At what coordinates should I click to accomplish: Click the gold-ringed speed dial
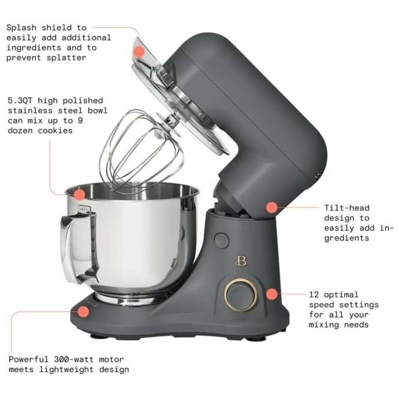(x=240, y=294)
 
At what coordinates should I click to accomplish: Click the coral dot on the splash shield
(x=139, y=51)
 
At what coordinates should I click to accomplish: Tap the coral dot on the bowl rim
(x=80, y=194)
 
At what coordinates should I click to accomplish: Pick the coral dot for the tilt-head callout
(x=272, y=207)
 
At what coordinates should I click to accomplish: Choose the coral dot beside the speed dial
(x=272, y=294)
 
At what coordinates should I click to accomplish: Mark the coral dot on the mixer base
(x=83, y=311)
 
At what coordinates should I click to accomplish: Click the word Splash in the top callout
(x=21, y=28)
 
